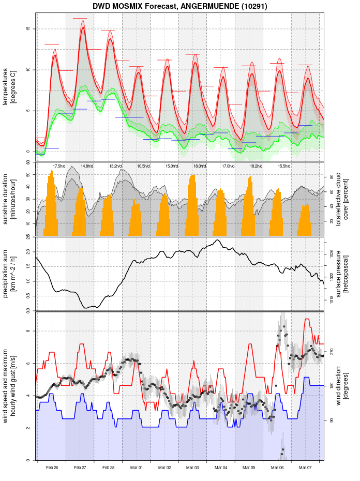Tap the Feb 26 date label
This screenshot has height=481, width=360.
tap(52, 468)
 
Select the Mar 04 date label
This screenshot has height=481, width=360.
tap(221, 468)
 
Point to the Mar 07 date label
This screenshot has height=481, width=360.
tap(305, 468)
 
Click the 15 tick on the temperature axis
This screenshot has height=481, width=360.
tap(29, 28)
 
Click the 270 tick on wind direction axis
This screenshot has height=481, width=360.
tap(332, 351)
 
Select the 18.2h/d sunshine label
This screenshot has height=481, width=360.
tap(256, 166)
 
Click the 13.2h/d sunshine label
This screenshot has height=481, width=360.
tap(115, 166)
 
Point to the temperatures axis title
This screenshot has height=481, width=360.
tap(9, 86)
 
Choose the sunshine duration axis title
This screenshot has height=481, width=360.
tap(9, 199)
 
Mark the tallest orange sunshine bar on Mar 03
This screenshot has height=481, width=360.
tap(193, 175)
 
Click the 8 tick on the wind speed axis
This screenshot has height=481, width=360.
tap(29, 331)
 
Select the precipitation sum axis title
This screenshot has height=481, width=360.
tap(9, 273)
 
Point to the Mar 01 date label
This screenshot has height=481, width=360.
tap(137, 468)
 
